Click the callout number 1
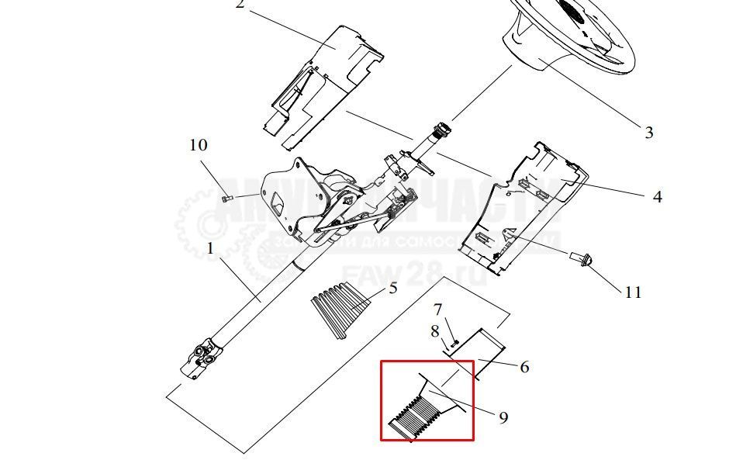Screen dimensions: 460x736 pyautogui.click(x=210, y=249)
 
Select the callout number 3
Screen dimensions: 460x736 pyautogui.click(x=649, y=133)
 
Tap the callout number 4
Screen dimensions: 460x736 pyautogui.click(x=657, y=197)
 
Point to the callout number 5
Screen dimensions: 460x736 pyautogui.click(x=393, y=289)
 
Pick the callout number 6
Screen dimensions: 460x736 pyautogui.click(x=524, y=367)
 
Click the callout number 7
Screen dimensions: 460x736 pyautogui.click(x=437, y=310)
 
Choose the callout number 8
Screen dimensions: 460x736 pyautogui.click(x=435, y=332)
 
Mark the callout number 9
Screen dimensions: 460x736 pyautogui.click(x=503, y=418)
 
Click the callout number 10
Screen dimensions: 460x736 pyautogui.click(x=199, y=145)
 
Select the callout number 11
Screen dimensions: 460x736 pyautogui.click(x=633, y=292)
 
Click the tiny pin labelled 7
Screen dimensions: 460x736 pyautogui.click(x=455, y=341)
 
